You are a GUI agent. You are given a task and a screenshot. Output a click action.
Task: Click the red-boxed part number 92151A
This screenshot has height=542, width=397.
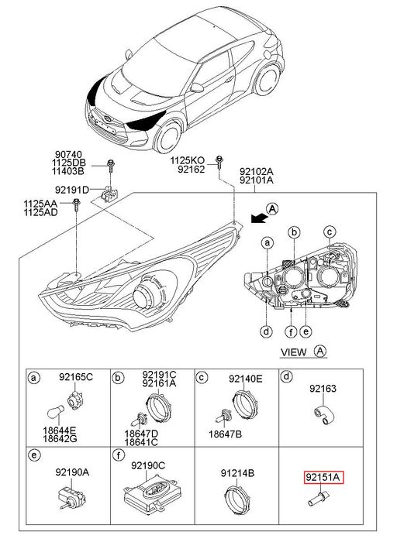click(x=323, y=478)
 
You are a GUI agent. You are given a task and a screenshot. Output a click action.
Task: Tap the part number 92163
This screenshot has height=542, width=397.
click(x=323, y=389)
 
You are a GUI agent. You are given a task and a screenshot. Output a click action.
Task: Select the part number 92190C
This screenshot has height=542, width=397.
click(x=148, y=465)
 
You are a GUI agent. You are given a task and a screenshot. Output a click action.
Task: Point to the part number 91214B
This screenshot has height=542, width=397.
click(x=237, y=473)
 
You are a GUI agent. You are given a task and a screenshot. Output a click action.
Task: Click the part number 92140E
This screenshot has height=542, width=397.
click(x=245, y=379)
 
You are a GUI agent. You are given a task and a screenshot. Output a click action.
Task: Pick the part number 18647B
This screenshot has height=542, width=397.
click(x=225, y=434)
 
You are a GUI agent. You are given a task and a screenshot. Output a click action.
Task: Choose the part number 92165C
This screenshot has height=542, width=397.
click(x=76, y=377)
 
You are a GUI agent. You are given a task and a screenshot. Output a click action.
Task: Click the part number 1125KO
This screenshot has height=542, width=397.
click(x=187, y=160)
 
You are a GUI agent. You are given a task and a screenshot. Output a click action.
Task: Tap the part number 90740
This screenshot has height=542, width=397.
click(x=68, y=154)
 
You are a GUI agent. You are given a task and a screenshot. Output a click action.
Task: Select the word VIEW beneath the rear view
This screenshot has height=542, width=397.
click(x=294, y=352)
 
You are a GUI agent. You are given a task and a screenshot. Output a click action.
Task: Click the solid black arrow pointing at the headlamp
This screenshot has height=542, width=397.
click(x=258, y=218)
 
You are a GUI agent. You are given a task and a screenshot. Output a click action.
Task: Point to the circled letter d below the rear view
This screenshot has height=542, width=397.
click(x=266, y=332)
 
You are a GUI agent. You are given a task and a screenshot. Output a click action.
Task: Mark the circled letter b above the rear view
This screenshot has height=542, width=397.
click(x=294, y=232)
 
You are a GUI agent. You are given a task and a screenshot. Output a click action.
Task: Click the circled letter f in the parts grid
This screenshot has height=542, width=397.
click(x=119, y=455)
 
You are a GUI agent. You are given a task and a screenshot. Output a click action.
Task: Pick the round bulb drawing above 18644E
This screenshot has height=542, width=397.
click(x=55, y=411)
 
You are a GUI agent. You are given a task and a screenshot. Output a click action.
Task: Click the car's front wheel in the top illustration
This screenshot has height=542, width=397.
click(x=167, y=136)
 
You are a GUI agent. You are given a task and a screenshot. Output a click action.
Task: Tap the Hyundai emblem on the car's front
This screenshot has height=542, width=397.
click(x=107, y=119)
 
